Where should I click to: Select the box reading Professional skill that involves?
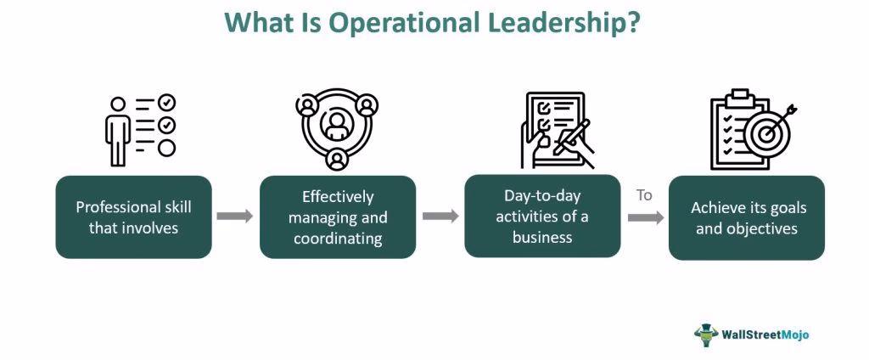pos(133,217)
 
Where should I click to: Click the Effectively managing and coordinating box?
pos(338,217)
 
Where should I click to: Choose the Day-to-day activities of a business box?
pos(541,217)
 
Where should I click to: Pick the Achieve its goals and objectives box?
pos(747,217)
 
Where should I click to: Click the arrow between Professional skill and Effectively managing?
pos(235,216)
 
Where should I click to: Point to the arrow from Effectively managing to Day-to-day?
pos(440,216)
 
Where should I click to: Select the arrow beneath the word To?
pos(645,218)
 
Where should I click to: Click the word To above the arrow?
pos(644,195)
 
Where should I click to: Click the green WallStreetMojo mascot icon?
pos(705,333)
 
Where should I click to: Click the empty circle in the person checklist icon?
pos(167,148)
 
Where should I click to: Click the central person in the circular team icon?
pos(337,124)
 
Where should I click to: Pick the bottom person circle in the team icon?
pos(337,159)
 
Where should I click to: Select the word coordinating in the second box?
pos(338,239)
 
